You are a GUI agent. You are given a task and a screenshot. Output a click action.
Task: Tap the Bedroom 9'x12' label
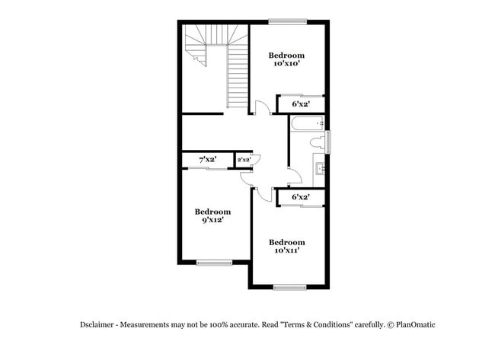[x=212, y=215]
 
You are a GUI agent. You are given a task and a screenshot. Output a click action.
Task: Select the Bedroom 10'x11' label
[x=288, y=246]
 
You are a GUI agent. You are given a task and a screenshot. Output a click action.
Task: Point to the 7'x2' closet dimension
[x=207, y=160]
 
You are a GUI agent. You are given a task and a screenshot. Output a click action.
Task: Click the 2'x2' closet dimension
[x=244, y=160]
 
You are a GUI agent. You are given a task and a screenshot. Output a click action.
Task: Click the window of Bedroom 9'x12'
[x=214, y=263]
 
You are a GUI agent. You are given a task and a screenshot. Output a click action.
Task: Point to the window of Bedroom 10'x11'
[x=289, y=287]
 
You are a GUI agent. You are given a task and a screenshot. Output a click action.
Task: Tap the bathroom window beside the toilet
[x=329, y=142]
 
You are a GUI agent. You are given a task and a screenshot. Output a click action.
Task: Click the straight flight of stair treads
[x=238, y=80]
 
